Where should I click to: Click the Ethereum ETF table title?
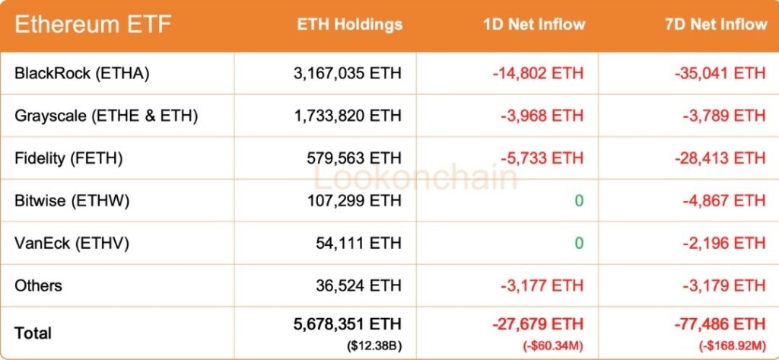click(x=93, y=25)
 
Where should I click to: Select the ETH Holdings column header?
click(x=349, y=24)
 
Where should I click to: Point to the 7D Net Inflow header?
click(x=716, y=24)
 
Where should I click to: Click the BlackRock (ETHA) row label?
click(x=81, y=73)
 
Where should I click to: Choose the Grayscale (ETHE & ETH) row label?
click(x=106, y=116)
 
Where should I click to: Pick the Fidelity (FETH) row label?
click(x=68, y=158)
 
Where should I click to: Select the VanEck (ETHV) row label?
click(x=72, y=244)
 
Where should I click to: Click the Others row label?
click(x=38, y=286)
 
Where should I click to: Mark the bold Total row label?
click(x=33, y=333)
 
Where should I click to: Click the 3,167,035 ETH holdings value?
click(x=347, y=73)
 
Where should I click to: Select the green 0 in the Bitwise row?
click(x=579, y=201)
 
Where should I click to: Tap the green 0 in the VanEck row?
click(x=579, y=244)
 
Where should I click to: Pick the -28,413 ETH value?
click(x=720, y=158)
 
